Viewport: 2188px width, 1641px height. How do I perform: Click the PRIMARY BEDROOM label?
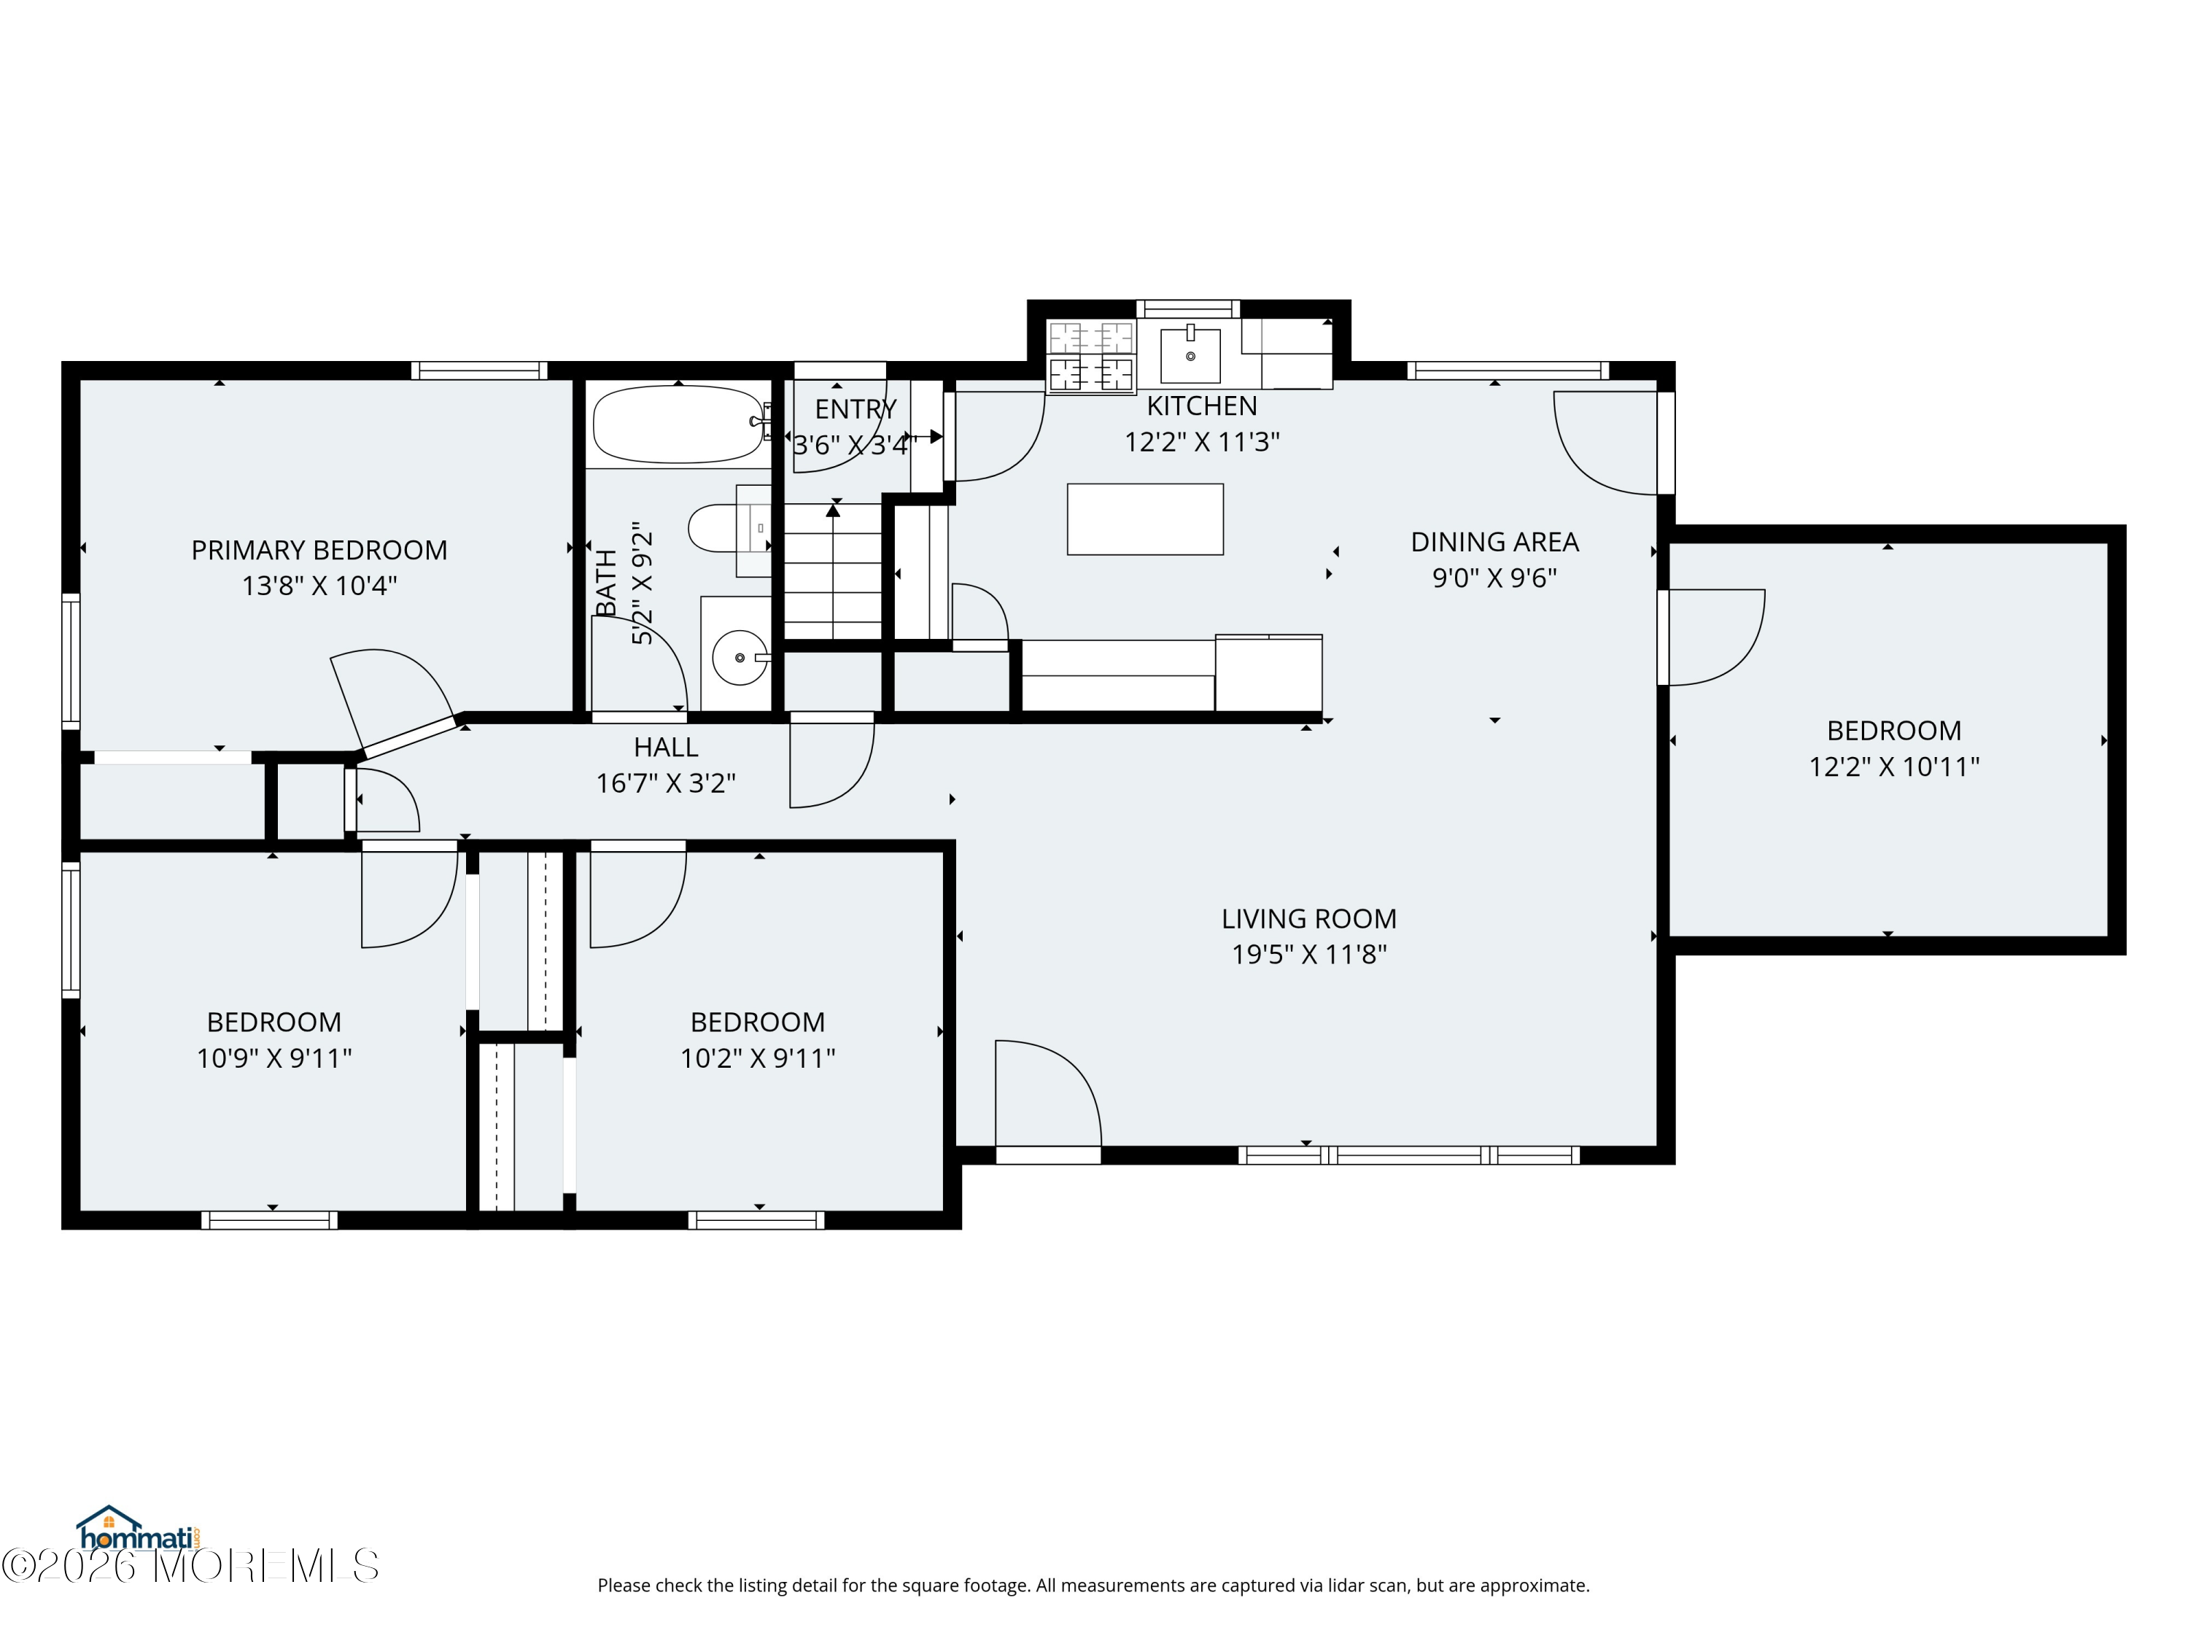(x=319, y=550)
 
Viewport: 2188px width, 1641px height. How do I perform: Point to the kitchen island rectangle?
(x=1144, y=519)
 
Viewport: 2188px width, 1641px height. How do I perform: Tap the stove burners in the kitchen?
(x=1091, y=357)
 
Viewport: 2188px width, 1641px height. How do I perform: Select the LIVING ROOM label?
(x=1308, y=919)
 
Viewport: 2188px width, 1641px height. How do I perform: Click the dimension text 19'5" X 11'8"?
(x=1308, y=955)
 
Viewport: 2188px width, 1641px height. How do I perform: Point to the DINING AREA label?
(x=1494, y=542)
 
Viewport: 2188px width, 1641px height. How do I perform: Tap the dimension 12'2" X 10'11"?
(x=1894, y=767)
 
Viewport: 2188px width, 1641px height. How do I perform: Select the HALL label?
(x=666, y=747)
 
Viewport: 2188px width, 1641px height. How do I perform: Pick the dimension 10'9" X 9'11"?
(x=274, y=1058)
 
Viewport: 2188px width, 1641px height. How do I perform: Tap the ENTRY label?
(x=856, y=408)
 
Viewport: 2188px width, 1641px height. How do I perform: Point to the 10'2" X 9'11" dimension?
(x=758, y=1058)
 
